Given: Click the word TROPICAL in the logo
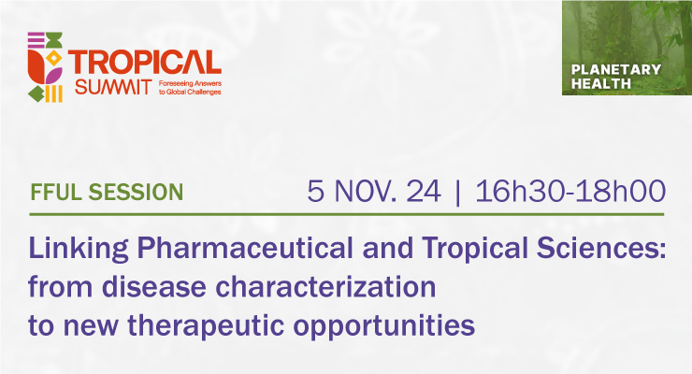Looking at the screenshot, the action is tap(145, 62).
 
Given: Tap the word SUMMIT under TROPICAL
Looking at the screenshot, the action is tap(113, 87).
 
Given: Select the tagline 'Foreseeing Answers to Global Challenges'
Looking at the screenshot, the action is tap(190, 88).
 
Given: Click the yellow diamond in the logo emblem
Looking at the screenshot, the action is tap(54, 58).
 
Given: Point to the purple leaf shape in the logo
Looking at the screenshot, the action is tap(53, 76).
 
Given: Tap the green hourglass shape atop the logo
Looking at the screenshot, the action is tap(54, 39).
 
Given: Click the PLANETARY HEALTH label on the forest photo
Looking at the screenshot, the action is tap(615, 77).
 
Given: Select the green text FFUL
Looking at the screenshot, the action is tap(56, 193).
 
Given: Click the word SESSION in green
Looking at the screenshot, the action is tap(136, 193).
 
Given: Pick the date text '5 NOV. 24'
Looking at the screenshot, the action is tap(374, 192).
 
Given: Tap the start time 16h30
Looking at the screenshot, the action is tap(519, 192).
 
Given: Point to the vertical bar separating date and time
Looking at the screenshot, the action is tap(457, 193).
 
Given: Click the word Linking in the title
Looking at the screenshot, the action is tap(79, 249).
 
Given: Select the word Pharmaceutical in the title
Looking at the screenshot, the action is tap(245, 248).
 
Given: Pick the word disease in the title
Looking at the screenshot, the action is tap(154, 286).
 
